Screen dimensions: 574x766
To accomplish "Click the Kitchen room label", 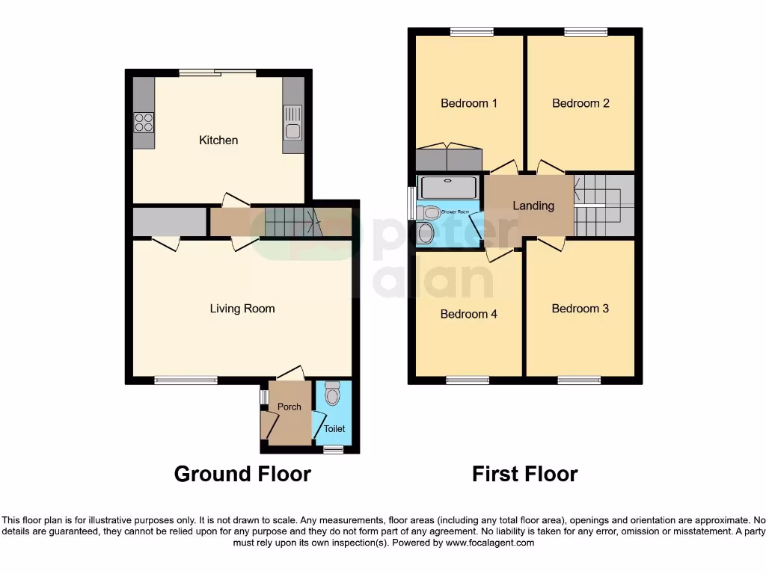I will (x=218, y=141).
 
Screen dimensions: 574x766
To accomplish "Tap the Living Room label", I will (x=242, y=308).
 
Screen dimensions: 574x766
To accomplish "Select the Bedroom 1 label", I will (x=468, y=103).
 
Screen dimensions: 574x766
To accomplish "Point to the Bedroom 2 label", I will (x=580, y=103).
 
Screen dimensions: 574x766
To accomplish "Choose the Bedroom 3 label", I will (x=580, y=308).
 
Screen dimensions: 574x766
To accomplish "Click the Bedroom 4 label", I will (x=468, y=314).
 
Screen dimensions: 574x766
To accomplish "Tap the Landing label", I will (x=533, y=206).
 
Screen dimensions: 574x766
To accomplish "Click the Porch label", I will (x=289, y=407).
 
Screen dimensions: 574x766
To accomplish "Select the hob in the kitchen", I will (x=144, y=122).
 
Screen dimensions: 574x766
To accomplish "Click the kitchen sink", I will (x=292, y=132).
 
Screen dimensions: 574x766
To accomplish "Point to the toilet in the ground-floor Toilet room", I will (x=333, y=393).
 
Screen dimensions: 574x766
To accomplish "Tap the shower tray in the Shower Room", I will (x=447, y=187).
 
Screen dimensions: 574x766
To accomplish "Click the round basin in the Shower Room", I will (x=426, y=233).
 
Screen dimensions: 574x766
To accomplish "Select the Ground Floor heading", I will (x=242, y=474).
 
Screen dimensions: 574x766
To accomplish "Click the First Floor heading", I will (x=524, y=474).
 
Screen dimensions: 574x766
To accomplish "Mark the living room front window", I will (x=186, y=380).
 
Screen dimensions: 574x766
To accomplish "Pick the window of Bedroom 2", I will (x=586, y=31).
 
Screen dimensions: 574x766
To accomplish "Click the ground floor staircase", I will (x=290, y=222).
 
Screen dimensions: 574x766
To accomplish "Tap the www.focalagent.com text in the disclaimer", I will (x=489, y=543).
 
